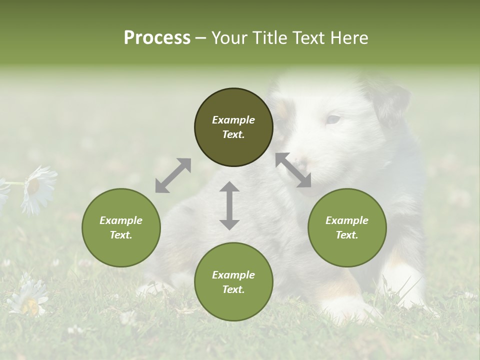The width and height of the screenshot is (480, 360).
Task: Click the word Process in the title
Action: click(157, 38)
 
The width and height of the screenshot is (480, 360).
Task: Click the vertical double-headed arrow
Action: click(229, 205)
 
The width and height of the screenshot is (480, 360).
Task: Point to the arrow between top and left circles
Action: click(173, 175)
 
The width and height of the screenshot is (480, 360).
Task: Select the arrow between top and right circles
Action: click(293, 170)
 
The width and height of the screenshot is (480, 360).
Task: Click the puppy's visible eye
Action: click(333, 119)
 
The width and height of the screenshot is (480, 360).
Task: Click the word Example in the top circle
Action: click(233, 120)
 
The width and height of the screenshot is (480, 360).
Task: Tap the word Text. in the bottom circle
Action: click(233, 289)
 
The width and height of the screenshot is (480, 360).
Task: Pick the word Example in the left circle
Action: click(121, 220)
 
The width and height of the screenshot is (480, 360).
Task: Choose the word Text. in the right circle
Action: click(347, 235)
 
